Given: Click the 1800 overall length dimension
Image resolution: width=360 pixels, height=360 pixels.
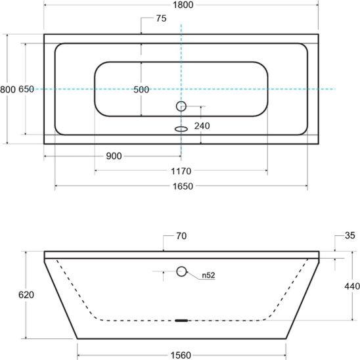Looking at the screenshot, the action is (183, 5).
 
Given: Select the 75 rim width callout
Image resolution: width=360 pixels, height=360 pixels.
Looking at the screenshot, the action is (161, 18).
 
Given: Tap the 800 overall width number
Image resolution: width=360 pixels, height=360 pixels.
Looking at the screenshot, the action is (8, 89).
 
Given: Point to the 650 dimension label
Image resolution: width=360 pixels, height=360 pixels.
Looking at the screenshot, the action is (26, 89).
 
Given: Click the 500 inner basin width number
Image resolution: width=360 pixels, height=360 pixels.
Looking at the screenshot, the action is (141, 89).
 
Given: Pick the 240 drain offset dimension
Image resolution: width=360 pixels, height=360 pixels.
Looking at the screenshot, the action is (202, 126).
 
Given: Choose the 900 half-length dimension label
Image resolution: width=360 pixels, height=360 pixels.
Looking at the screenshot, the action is (114, 156).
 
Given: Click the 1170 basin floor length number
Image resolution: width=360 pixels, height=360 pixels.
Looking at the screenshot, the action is (181, 171).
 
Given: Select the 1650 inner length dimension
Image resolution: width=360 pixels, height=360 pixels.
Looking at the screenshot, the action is (183, 186).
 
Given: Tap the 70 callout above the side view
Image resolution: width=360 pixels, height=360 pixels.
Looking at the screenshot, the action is (181, 236).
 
